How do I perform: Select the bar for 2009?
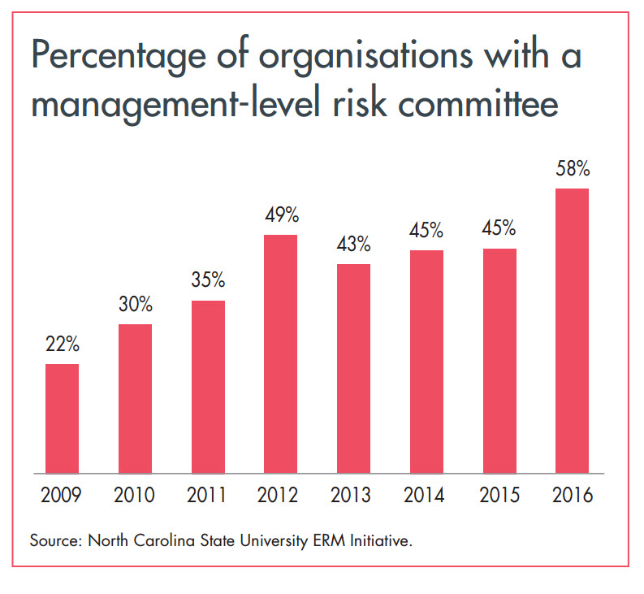coord(62,418)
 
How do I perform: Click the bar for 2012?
coord(280,353)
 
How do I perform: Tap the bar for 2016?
coord(572,330)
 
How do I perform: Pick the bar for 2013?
coord(353,368)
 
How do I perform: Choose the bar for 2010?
coord(135,398)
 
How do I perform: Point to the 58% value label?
coord(572,171)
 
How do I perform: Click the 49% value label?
coord(280,216)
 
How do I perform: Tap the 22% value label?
coord(62,345)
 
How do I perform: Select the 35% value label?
coord(208,281)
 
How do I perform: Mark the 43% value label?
coord(353,245)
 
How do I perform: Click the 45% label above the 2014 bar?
coord(426,231)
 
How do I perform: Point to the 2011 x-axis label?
coord(208,496)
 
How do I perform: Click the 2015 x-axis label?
coord(499,496)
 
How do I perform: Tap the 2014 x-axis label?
coord(426,496)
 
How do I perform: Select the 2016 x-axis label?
coord(572,496)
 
